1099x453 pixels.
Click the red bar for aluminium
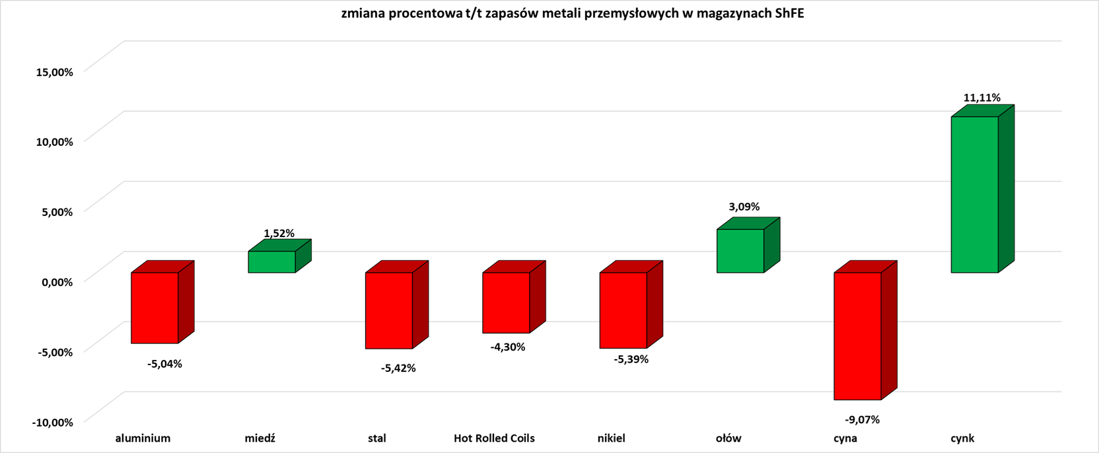point(155,308)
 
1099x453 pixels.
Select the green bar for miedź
point(271,262)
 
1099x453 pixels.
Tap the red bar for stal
point(389,310)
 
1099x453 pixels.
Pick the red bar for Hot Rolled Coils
point(506,302)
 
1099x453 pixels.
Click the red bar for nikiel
point(623,310)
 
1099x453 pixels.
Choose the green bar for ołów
point(740,251)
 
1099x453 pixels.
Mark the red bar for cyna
point(857,335)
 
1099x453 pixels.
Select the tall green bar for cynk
point(974,194)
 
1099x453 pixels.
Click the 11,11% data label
point(981,98)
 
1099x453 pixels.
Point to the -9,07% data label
point(862,419)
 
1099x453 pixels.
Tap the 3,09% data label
point(744,207)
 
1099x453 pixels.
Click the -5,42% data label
point(398,368)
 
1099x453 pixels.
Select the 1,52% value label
point(279,233)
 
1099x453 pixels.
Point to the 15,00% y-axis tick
point(54,71)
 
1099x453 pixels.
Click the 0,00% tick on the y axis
point(57,282)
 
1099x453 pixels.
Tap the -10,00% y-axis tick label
point(52,422)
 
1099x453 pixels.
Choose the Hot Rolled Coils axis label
point(494,438)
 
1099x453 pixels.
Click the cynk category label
point(962,438)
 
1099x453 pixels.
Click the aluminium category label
point(143,438)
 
